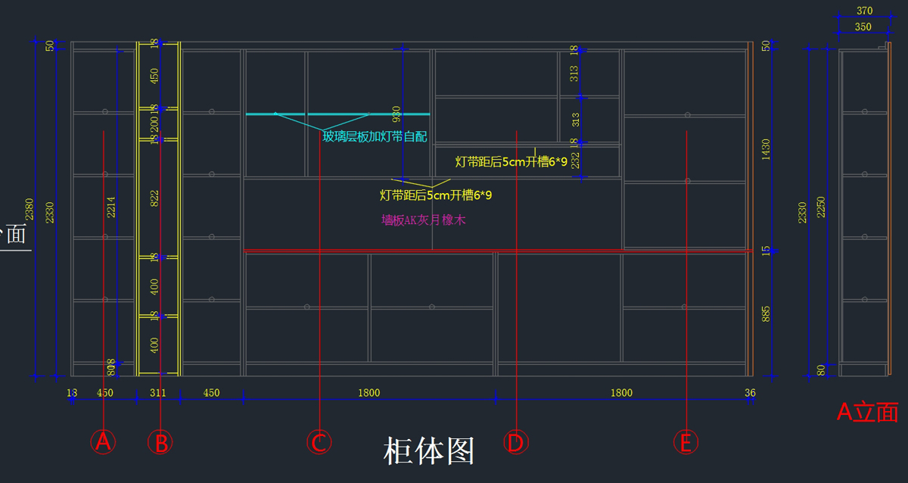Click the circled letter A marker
pyautogui.click(x=103, y=441)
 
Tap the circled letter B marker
pyautogui.click(x=160, y=442)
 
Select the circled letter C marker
pyautogui.click(x=319, y=442)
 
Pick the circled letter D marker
pyautogui.click(x=515, y=442)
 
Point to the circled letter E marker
pyautogui.click(x=686, y=442)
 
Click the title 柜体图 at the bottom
pyautogui.click(x=429, y=451)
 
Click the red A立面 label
pyautogui.click(x=867, y=413)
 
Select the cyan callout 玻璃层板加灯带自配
pyautogui.click(x=375, y=136)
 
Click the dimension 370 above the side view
pyautogui.click(x=864, y=11)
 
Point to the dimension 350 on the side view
pyautogui.click(x=863, y=26)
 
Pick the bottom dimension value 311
pyautogui.click(x=158, y=393)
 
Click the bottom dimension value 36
pyautogui.click(x=750, y=393)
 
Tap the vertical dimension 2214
pyautogui.click(x=111, y=208)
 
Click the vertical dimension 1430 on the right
pyautogui.click(x=766, y=149)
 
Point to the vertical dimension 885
pyautogui.click(x=766, y=313)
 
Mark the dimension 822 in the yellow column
pyautogui.click(x=154, y=198)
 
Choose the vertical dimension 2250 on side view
pyautogui.click(x=821, y=208)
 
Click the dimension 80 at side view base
pyautogui.click(x=821, y=370)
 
